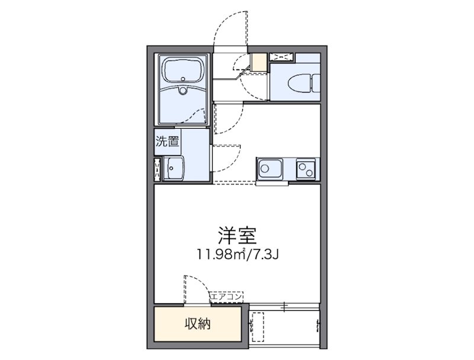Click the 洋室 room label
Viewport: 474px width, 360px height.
[236, 236]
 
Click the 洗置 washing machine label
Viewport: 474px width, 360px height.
[167, 142]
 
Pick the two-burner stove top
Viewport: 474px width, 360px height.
[308, 168]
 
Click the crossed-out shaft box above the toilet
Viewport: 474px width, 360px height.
[281, 57]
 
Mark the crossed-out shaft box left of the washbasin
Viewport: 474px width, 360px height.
[158, 168]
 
